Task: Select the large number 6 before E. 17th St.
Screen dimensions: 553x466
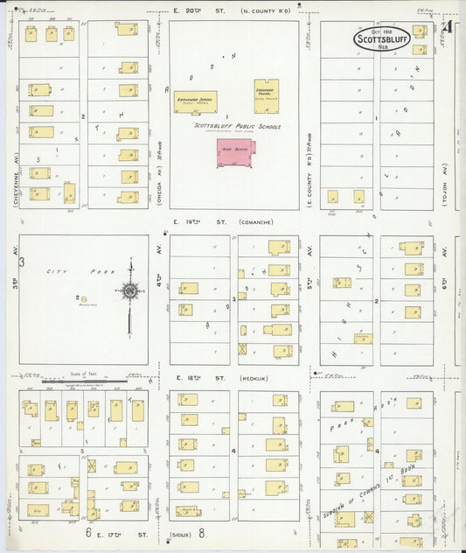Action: point(87,532)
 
